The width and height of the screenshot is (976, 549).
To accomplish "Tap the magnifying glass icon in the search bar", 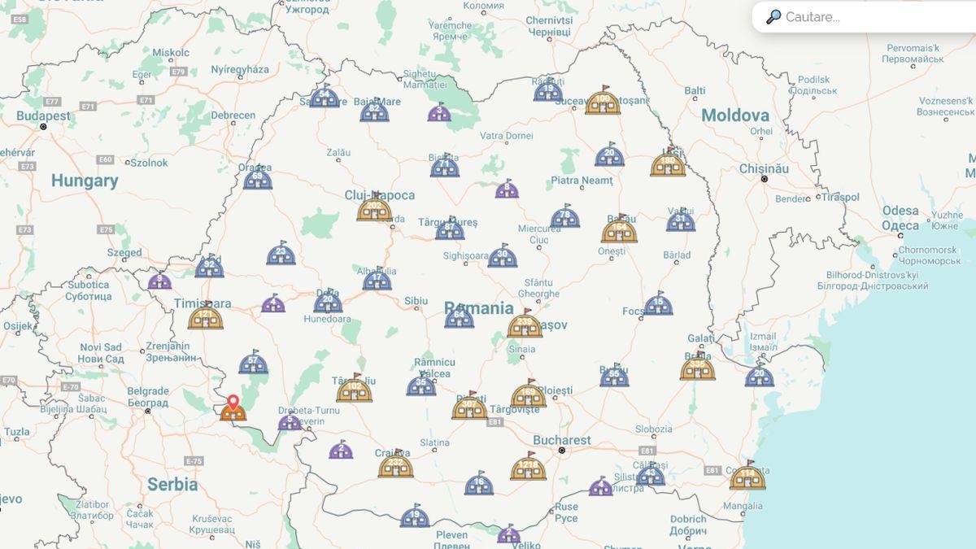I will pos(773,17).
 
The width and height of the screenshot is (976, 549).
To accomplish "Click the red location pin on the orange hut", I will pos(233,402).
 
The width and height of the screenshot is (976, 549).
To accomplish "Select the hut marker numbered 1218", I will pos(528,468).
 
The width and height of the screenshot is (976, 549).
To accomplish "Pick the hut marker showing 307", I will pos(469,406).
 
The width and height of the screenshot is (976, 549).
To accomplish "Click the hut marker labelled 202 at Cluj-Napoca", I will pos(374,209).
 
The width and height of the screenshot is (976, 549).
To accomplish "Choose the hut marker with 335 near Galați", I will pos(697,368).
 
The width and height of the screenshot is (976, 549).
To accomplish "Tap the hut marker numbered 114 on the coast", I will pos(747,477).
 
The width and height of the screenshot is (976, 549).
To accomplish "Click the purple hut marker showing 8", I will pos(507,190).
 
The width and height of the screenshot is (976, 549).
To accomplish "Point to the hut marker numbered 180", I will pos(668,164).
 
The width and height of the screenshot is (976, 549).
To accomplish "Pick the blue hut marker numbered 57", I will pos(254,364).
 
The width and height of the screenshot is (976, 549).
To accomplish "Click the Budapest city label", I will pos(43,116).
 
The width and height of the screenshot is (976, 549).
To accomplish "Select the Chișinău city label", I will pos(764,168).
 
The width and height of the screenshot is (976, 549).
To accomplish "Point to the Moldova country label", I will pos(734,115).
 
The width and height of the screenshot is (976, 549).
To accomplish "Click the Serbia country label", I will pos(172,485).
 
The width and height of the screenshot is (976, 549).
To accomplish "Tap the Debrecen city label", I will pos(233,115).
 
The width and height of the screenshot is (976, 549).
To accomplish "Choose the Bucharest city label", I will pos(561,440).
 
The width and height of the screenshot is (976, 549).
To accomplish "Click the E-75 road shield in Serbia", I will pos(193,461).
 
